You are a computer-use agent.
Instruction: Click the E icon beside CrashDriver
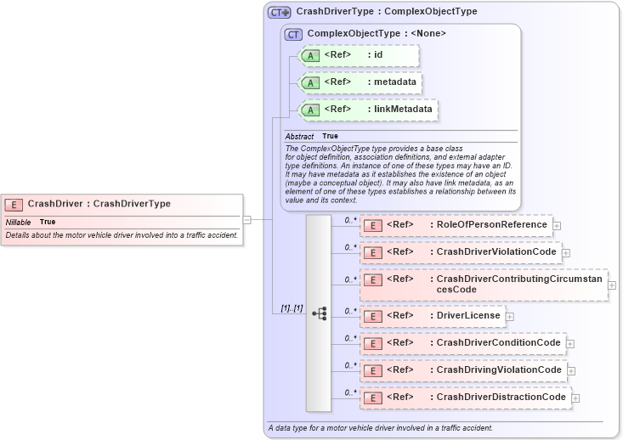tap(14, 204)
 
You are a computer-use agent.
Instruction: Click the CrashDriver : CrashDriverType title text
tap(99, 204)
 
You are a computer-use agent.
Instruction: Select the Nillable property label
tap(18, 222)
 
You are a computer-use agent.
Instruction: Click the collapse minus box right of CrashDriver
tap(246, 219)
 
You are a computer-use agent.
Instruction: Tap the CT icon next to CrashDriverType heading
tap(279, 13)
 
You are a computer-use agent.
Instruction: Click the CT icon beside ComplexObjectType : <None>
tap(294, 34)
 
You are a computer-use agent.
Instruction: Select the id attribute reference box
tap(360, 55)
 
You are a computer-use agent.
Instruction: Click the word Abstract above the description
tap(299, 136)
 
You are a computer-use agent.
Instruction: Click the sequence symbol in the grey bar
tap(319, 313)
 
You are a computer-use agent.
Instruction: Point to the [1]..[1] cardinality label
tap(292, 308)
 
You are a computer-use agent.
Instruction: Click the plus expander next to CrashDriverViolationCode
tap(565, 252)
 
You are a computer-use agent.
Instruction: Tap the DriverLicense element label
tap(468, 316)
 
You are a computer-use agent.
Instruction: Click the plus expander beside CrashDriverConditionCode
tap(570, 343)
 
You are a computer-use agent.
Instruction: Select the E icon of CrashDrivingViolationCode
tap(371, 370)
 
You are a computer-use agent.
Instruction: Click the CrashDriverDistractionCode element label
tap(501, 398)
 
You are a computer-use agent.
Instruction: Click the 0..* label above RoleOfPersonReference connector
tap(349, 219)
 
